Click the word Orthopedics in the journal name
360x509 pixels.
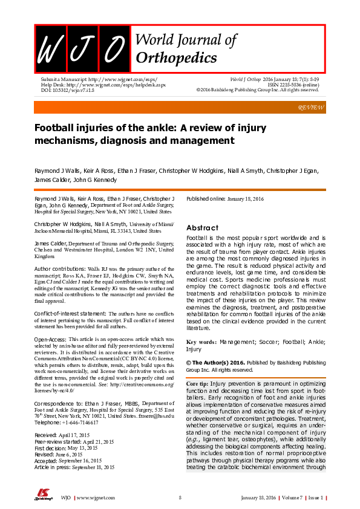pos(177,58)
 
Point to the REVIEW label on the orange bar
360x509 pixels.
pos(311,107)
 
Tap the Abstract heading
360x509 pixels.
pos(202,228)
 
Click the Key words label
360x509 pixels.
pos(202,342)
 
